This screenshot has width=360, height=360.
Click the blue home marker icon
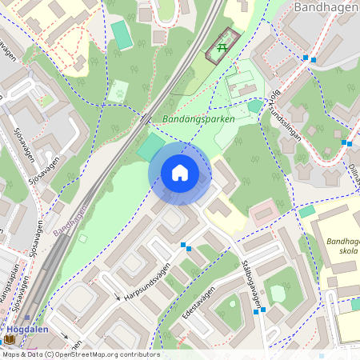click(180, 173)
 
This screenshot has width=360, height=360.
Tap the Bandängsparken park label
click(198, 118)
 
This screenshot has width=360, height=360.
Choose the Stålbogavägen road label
click(252, 282)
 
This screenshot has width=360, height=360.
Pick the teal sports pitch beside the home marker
click(150, 146)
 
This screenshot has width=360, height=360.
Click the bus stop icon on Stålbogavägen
click(258, 310)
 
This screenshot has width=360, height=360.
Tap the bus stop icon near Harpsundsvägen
click(184, 246)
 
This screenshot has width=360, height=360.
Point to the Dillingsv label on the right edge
click(352, 170)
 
